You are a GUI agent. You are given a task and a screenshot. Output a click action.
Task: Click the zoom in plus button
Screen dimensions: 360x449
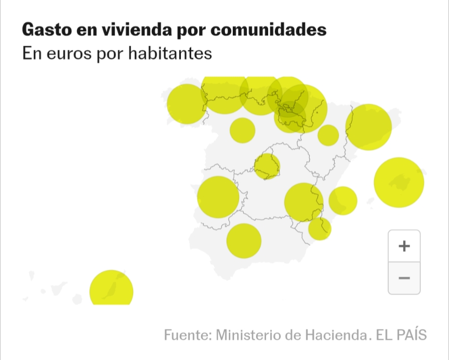(x=404, y=246)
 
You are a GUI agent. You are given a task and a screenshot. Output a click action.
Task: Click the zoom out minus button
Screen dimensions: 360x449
(x=404, y=278)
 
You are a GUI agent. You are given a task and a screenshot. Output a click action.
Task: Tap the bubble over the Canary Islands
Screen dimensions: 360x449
(x=111, y=289)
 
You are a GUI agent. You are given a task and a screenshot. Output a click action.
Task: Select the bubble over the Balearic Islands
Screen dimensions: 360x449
(x=399, y=182)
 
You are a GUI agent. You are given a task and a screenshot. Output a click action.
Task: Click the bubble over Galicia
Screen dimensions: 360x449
(x=186, y=104)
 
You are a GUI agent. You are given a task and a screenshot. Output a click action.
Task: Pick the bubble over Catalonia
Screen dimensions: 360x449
(x=368, y=127)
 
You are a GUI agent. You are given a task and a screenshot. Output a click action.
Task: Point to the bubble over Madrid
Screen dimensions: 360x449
(x=267, y=167)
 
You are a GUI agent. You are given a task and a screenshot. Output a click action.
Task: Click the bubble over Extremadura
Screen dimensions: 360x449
(x=218, y=197)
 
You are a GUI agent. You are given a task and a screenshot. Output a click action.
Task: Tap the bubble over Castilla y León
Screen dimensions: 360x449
(x=242, y=130)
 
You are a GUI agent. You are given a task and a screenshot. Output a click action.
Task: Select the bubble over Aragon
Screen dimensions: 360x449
(x=328, y=135)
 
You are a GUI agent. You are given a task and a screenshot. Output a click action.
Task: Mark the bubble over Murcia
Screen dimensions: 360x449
(x=320, y=228)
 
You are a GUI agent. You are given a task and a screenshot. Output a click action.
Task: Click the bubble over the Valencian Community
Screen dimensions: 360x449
(x=343, y=201)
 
